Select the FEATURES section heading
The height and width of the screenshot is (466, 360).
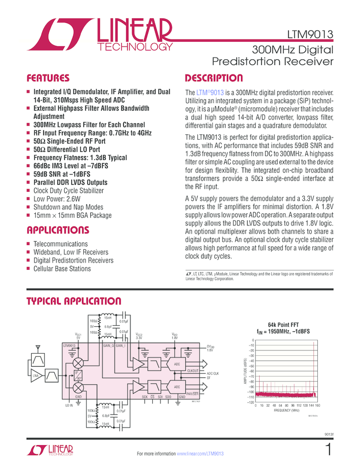click(x=48, y=78)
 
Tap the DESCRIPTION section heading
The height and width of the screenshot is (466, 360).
click(x=214, y=78)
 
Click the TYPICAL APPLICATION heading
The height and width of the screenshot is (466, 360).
click(x=74, y=301)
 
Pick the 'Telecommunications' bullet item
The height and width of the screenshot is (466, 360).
click(x=60, y=244)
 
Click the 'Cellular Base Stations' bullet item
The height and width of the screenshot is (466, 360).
click(x=62, y=269)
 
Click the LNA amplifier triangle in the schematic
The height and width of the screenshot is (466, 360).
click(x=36, y=376)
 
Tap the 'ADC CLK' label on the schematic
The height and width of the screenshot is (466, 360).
click(x=213, y=373)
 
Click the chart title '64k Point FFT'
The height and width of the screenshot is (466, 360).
click(x=284, y=325)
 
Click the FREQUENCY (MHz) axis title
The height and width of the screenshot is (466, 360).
click(x=286, y=410)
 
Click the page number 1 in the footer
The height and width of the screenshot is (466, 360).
click(x=328, y=451)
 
